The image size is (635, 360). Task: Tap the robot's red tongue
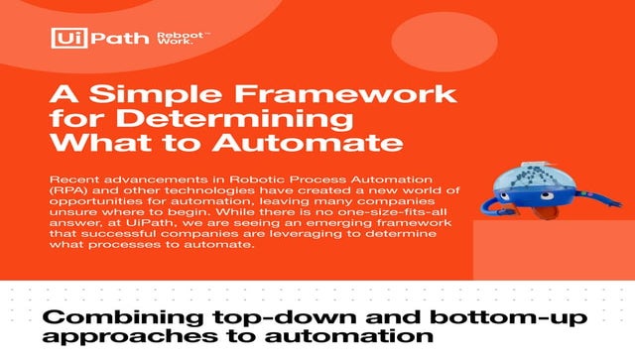click(x=526, y=211)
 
